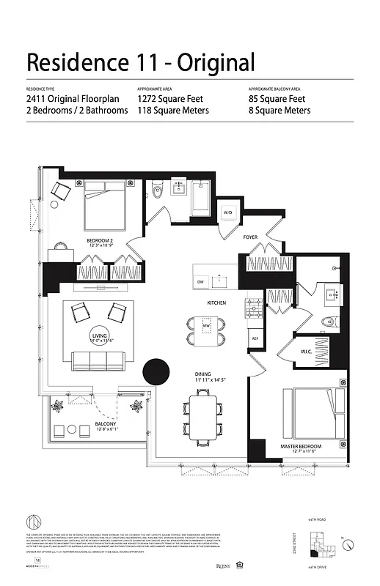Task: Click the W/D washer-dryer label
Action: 227,213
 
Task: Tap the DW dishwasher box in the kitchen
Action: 200,282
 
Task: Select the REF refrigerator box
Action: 255,338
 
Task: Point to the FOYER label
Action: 250,237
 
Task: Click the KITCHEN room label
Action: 216,303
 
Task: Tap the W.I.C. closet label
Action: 307,350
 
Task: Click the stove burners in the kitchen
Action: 255,304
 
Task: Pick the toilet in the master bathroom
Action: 329,322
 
